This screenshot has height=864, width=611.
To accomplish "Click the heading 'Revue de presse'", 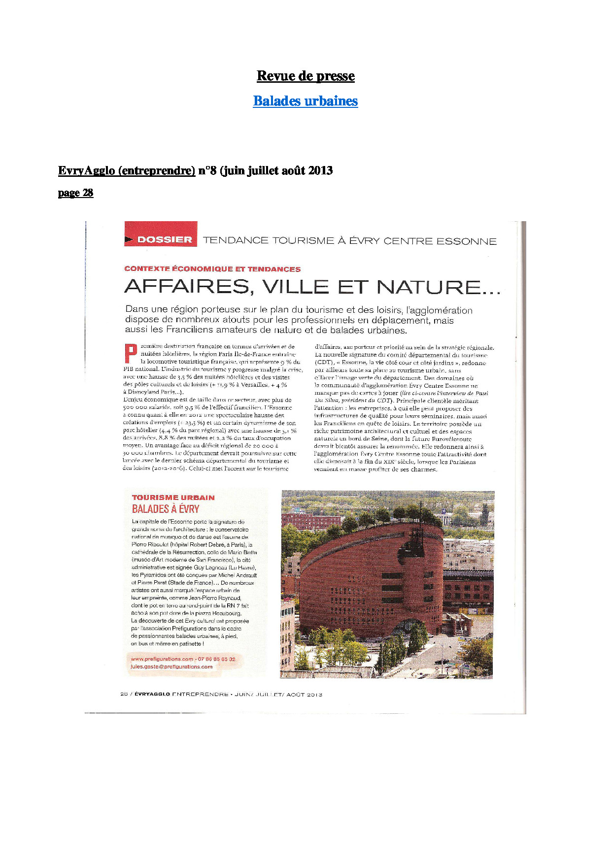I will point(305,76).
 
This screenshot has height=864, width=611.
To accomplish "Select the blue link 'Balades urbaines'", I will point(305,101).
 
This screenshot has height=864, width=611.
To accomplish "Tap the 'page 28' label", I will point(75,193).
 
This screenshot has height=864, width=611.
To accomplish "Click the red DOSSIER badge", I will point(161,239).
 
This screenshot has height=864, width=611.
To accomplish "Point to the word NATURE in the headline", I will point(439,287).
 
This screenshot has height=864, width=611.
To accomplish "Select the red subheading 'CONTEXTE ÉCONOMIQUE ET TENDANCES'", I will point(212,269).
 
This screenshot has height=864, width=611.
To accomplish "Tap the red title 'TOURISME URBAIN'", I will point(173,498).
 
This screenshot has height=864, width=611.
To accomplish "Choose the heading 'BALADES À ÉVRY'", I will point(166,509).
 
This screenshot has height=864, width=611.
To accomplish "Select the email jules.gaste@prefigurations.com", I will point(171,666).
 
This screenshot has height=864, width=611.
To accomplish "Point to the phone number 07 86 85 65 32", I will point(217,659).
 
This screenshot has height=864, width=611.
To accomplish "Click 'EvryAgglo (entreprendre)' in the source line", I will point(127,170).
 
